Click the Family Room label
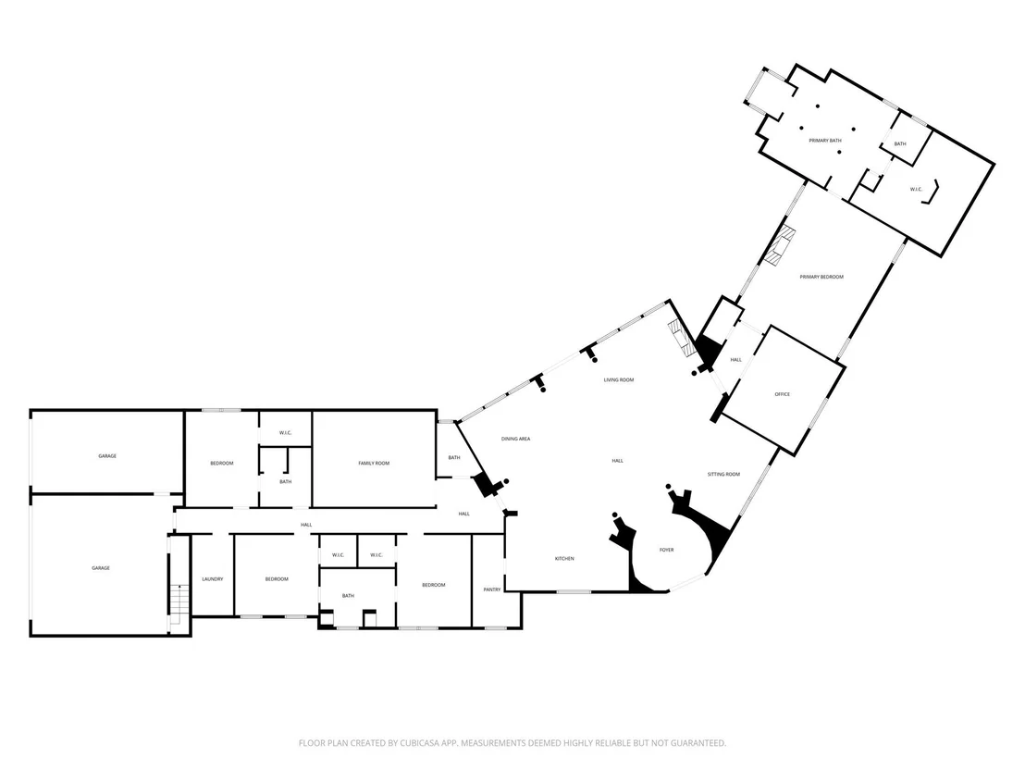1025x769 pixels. (x=374, y=463)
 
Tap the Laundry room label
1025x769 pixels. (x=213, y=578)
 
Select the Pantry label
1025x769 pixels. (x=492, y=589)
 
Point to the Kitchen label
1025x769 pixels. (x=565, y=558)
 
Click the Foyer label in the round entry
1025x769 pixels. (x=666, y=550)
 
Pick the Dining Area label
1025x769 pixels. (x=516, y=439)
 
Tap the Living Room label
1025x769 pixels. (x=618, y=380)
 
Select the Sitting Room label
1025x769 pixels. (x=723, y=474)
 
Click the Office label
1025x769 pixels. (x=783, y=394)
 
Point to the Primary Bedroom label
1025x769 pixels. (x=821, y=277)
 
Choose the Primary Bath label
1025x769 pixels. (x=825, y=141)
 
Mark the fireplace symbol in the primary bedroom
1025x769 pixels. (x=779, y=246)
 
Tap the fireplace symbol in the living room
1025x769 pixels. (x=682, y=339)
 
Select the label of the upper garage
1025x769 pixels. (x=107, y=456)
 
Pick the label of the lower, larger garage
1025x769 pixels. (x=101, y=568)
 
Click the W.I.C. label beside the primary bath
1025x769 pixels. (x=917, y=190)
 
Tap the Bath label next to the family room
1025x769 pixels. (x=454, y=458)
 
